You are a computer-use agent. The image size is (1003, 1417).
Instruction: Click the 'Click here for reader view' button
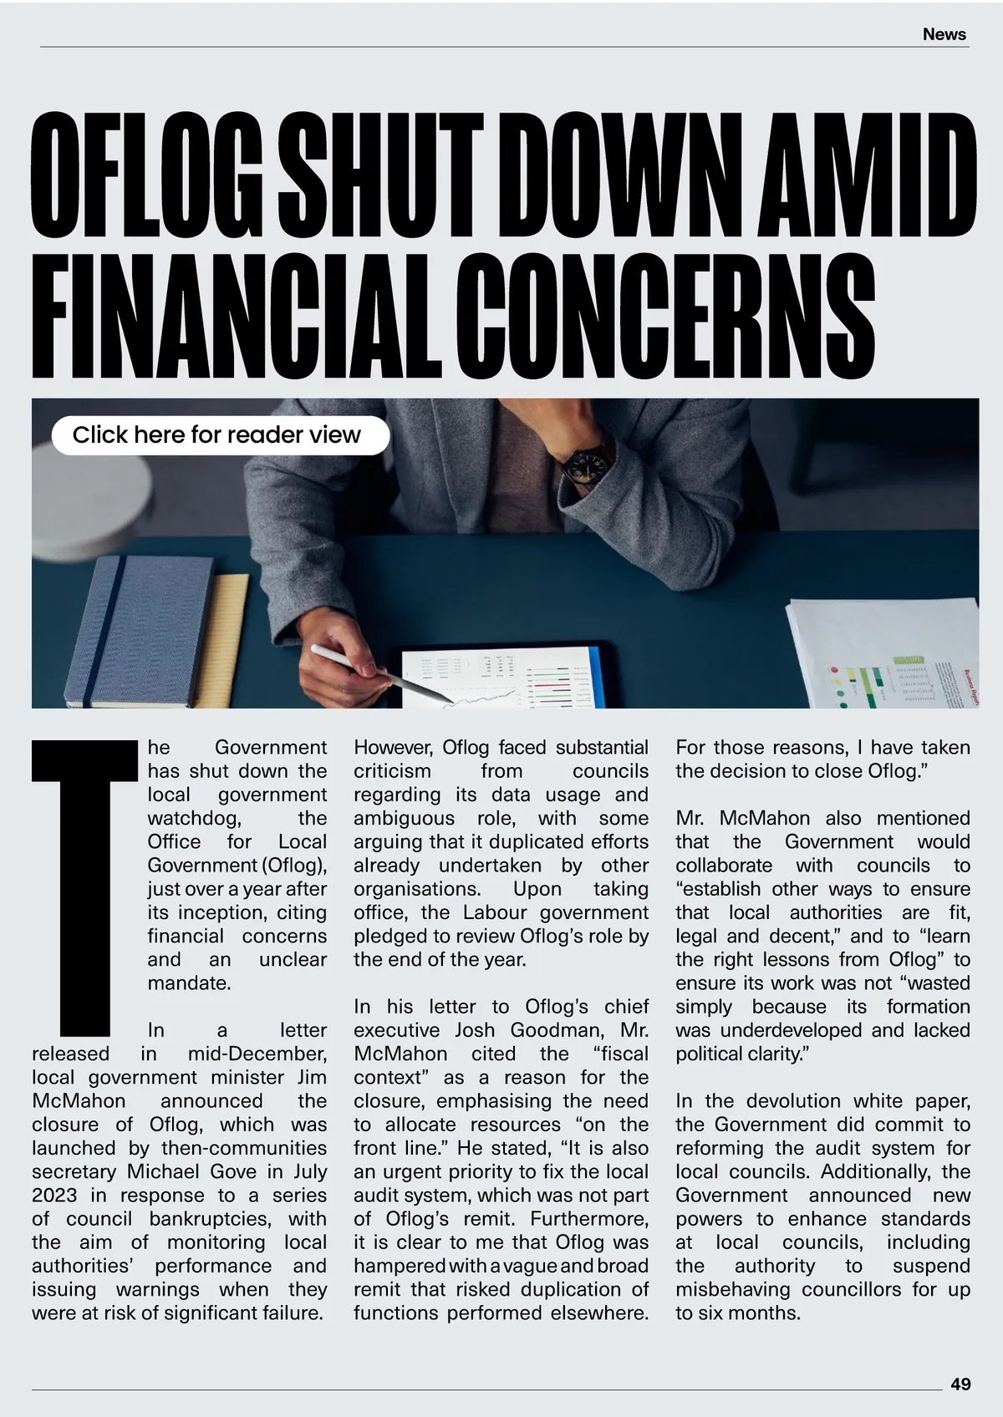(x=221, y=435)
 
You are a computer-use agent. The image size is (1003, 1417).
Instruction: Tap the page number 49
(x=960, y=1384)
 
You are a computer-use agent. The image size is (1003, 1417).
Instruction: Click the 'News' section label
(x=944, y=34)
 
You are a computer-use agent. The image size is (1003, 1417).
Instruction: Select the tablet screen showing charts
(x=501, y=677)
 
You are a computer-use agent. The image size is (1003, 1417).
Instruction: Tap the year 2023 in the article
(x=53, y=1196)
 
